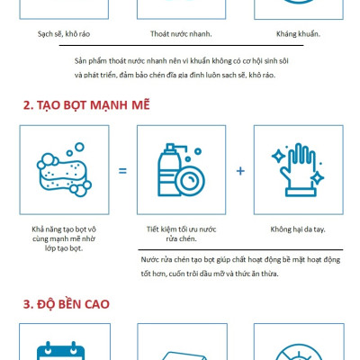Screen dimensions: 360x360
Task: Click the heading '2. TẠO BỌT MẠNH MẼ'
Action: pyautogui.click(x=86, y=105)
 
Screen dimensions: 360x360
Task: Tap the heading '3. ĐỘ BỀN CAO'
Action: pyautogui.click(x=67, y=304)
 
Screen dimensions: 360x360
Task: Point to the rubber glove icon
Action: pyautogui.click(x=298, y=170)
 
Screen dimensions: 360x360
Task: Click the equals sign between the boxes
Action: pyautogui.click(x=122, y=171)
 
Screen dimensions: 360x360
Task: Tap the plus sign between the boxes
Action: pyautogui.click(x=240, y=171)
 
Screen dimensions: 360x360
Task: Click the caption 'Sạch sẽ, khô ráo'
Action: pyautogui.click(x=64, y=34)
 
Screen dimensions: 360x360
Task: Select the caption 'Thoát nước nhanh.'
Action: pyautogui.click(x=181, y=34)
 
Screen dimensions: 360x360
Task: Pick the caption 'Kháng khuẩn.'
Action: pyautogui.click(x=298, y=34)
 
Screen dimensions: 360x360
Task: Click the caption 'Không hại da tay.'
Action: pyautogui.click(x=298, y=229)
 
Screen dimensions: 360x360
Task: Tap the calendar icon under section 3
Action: pyautogui.click(x=60, y=351)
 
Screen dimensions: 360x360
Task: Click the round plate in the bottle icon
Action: pyautogui.click(x=190, y=181)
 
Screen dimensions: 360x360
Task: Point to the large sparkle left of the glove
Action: pyautogui.click(x=278, y=156)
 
